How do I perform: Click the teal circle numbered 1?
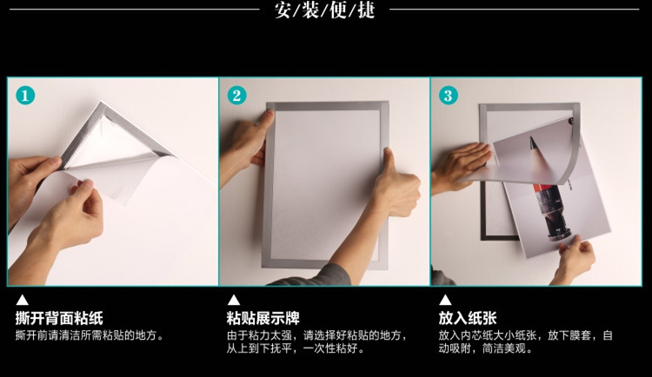pos(25,96)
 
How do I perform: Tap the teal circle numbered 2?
pos(236,96)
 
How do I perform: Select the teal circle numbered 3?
pos(449,96)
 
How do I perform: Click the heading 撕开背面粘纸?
pos(59,319)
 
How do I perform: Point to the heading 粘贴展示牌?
pos(263,319)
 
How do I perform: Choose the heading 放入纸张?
pos(468,319)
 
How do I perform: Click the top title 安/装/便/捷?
pos(325,10)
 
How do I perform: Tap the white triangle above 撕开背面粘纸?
pos(22,300)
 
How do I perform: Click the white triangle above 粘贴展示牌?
pos(234,300)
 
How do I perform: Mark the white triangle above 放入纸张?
pos(445,300)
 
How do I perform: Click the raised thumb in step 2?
pos(389,160)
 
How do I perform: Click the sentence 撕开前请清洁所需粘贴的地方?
pos(90,335)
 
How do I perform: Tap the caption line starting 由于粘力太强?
pos(316,335)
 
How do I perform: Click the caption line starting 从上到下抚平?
pos(296,348)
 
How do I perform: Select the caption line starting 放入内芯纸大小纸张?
pos(526,335)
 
